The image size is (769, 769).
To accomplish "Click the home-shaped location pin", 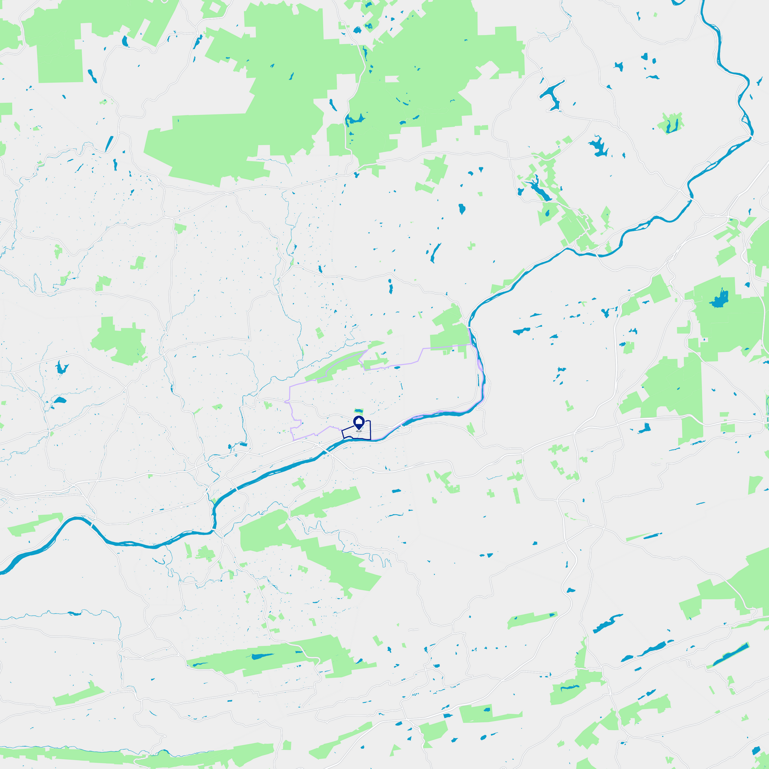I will point(359,423).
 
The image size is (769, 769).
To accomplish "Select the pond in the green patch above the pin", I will point(358,410).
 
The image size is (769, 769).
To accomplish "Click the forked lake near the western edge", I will point(61,367).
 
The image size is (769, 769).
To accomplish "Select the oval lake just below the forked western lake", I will point(59,400).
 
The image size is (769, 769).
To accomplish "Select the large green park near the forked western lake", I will point(120,342).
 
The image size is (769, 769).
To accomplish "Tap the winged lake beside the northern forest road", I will point(355,119).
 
